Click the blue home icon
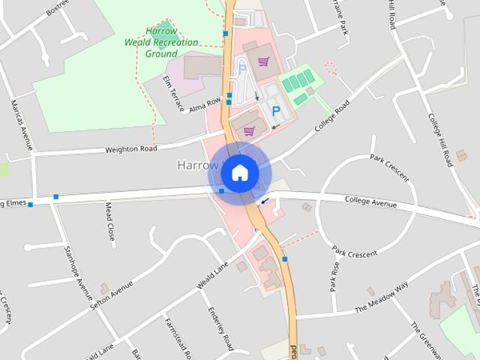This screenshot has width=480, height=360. point(240,172)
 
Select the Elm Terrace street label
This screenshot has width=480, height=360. point(173,93)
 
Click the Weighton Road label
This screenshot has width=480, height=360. point(131,148)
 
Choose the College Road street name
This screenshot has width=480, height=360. point(332,117)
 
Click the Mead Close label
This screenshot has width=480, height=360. point(109,220)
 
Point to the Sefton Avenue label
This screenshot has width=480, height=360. point(111,297)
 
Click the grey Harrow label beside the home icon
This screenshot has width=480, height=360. point(194,164)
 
